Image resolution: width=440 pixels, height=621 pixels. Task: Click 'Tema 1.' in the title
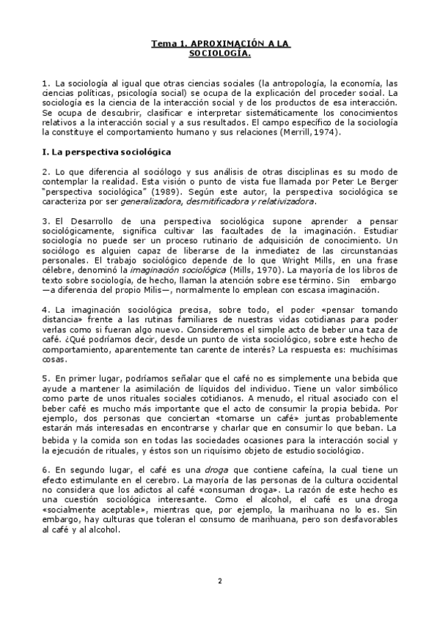(165, 44)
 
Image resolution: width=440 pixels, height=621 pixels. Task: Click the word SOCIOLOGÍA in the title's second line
(220, 53)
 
